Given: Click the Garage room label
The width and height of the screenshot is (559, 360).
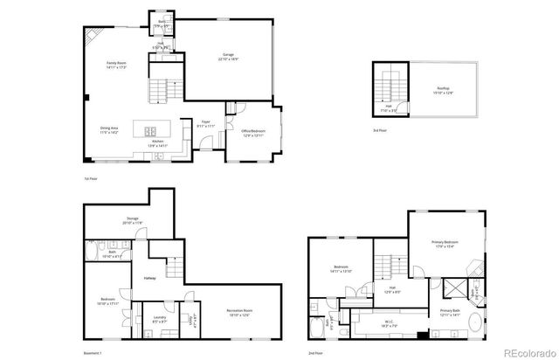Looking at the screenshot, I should click(x=226, y=58).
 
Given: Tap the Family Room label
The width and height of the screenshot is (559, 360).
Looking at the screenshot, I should click(x=116, y=65).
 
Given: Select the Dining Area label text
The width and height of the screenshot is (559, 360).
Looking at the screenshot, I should click(x=109, y=129).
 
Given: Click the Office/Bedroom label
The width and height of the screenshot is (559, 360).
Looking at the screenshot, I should click(x=253, y=133).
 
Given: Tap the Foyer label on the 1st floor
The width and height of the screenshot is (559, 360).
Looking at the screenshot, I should click(x=206, y=123).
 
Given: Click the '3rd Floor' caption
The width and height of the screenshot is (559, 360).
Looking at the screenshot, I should click(x=379, y=130).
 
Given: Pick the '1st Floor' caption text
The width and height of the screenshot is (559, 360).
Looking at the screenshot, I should click(x=90, y=178).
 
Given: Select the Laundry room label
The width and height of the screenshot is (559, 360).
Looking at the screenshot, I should click(x=159, y=318).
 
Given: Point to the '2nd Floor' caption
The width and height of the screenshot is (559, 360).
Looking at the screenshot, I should click(x=314, y=352).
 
